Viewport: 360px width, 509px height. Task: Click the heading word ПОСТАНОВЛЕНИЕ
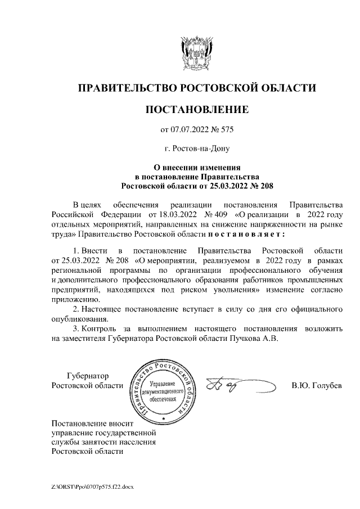pyautogui.click(x=196, y=109)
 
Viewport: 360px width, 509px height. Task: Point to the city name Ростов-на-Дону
pyautogui.click(x=196, y=149)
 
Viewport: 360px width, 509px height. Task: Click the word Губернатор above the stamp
pyautogui.click(x=87, y=376)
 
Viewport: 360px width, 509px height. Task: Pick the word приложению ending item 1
pyautogui.click(x=73, y=300)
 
